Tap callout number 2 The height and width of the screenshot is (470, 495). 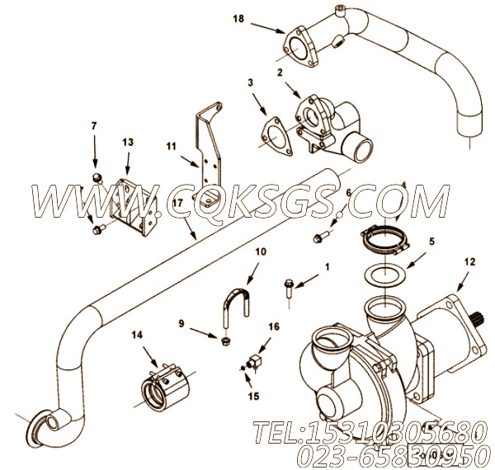tap(280, 73)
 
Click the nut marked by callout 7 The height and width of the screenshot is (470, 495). tap(97, 178)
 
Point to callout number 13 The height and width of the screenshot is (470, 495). tap(127, 142)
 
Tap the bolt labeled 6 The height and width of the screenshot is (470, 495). tap(319, 238)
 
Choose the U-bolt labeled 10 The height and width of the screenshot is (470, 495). tap(236, 310)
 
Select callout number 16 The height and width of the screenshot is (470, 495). tap(273, 327)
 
